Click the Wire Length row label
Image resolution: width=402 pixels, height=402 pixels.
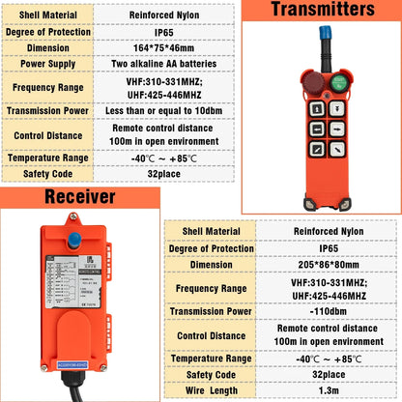[x=211, y=390]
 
